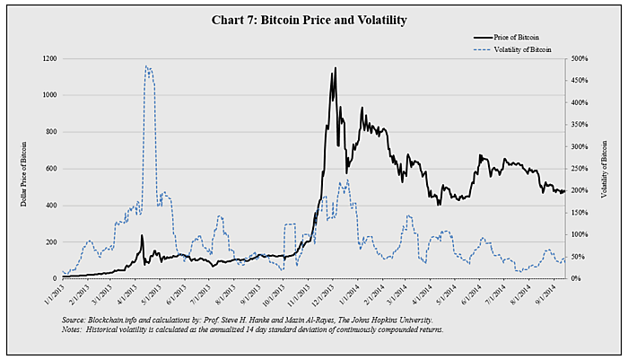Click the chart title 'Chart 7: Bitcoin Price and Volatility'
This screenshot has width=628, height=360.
(x=314, y=20)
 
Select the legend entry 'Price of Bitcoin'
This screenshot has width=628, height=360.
(x=517, y=37)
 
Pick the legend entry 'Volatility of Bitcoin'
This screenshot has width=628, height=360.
(x=522, y=50)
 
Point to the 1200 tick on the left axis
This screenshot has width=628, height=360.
(x=48, y=58)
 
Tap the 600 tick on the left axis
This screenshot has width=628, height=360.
(x=49, y=169)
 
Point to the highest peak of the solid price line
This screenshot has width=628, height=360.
(x=336, y=67)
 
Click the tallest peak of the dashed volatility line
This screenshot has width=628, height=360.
(x=147, y=66)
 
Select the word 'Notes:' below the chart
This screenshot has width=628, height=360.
(x=74, y=329)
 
